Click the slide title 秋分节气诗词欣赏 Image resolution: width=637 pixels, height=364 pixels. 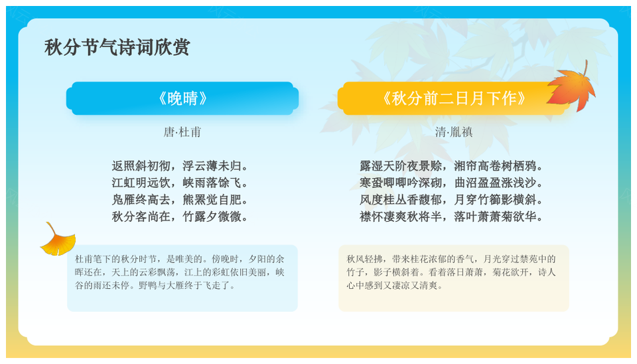[x=117, y=47]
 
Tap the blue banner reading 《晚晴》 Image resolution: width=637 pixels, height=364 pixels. [x=182, y=98]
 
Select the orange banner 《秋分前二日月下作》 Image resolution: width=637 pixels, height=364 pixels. [x=454, y=98]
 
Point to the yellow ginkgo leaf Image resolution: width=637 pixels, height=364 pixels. [x=58, y=240]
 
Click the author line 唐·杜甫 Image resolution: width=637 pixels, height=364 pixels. [x=182, y=132]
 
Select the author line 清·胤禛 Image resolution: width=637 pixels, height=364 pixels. [x=454, y=132]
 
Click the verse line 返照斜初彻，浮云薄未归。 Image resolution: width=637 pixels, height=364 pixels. [x=180, y=166]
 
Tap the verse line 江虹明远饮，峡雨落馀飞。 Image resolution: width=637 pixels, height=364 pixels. [x=180, y=183]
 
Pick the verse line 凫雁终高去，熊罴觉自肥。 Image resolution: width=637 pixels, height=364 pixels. [x=180, y=200]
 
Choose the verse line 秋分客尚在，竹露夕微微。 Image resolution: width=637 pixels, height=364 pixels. [x=180, y=217]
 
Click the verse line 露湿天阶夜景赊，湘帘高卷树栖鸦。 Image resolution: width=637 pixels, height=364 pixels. [x=451, y=166]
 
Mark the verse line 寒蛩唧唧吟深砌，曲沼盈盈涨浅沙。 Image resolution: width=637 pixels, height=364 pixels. [x=451, y=183]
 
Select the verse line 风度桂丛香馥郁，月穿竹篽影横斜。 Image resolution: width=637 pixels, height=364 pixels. [x=451, y=200]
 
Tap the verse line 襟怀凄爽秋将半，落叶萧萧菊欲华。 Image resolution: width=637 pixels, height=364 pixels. [x=451, y=217]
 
